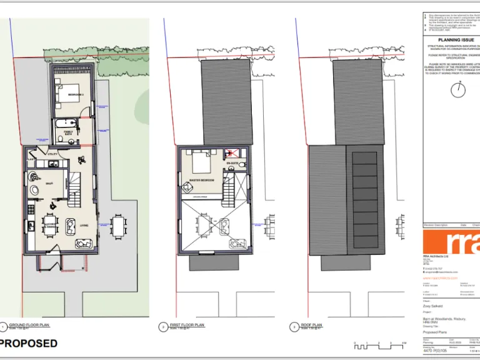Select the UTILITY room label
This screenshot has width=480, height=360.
click(53, 153)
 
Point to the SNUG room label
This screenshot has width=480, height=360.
click(49, 183)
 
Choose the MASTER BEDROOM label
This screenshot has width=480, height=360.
click(202, 180)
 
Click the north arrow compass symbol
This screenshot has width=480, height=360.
click(459, 89)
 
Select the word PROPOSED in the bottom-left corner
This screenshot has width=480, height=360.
click(29, 343)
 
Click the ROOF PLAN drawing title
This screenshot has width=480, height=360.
click(312, 325)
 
